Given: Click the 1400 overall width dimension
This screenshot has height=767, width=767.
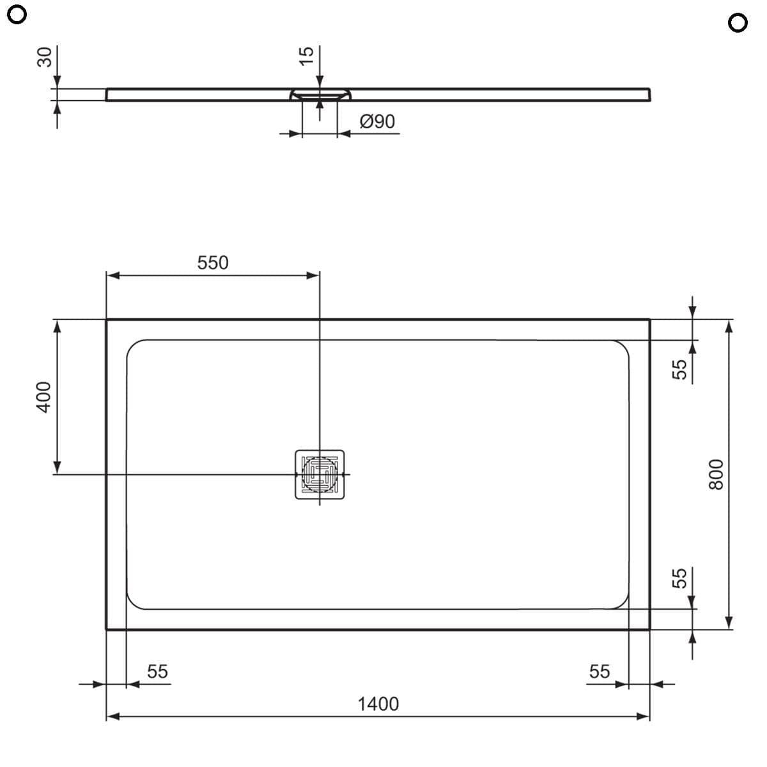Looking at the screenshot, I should tap(378, 704).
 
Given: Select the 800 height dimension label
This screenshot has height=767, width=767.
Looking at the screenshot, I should tap(717, 474).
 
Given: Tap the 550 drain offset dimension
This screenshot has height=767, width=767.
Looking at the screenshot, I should tap(212, 263).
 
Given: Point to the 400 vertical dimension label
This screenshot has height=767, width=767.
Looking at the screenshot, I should tap(43, 396).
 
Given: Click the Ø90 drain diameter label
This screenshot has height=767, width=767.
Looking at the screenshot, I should tap(377, 121).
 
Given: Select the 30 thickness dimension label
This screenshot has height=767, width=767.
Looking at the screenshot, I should tap(44, 57).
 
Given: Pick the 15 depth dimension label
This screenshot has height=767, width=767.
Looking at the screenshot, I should tap(307, 54).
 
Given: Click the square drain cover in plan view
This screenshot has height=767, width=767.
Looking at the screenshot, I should tap(320, 474).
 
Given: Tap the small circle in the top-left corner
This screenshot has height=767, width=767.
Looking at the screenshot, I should tap(19, 15).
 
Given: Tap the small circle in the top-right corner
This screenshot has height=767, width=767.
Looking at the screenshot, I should tap(737, 23).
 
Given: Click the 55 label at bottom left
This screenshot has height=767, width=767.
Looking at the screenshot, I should tap(157, 671).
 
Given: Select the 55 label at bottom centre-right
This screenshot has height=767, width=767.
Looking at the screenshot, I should tap(599, 671).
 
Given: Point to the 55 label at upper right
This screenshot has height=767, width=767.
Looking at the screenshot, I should tap(679, 369).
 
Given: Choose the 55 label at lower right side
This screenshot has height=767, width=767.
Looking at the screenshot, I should tap(679, 578).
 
